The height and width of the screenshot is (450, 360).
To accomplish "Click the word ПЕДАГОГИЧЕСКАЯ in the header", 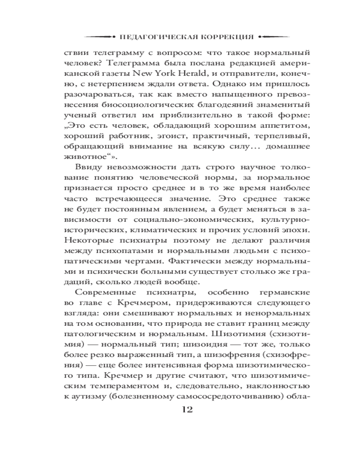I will [x=155, y=36].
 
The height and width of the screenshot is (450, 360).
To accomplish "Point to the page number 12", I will [x=186, y=409].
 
